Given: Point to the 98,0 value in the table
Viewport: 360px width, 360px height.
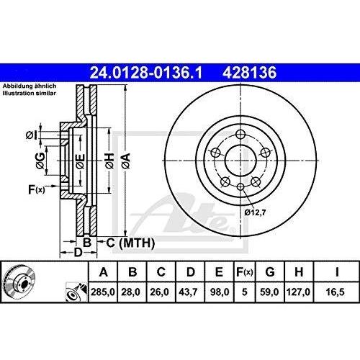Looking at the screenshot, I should point(217,294).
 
